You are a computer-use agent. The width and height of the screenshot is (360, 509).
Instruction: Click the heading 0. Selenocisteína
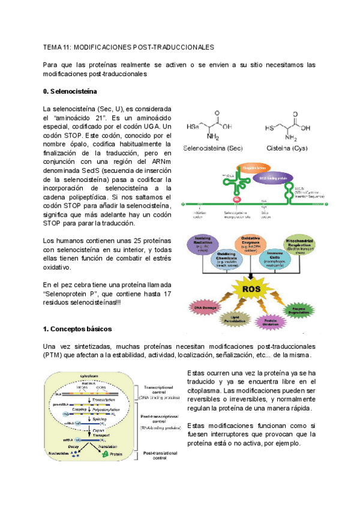pyautogui.click(x=70, y=92)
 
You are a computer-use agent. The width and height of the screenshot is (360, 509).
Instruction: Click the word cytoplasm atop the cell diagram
pyautogui.click(x=93, y=374)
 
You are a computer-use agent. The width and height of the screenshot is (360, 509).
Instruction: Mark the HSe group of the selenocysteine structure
pyautogui.click(x=193, y=127)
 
